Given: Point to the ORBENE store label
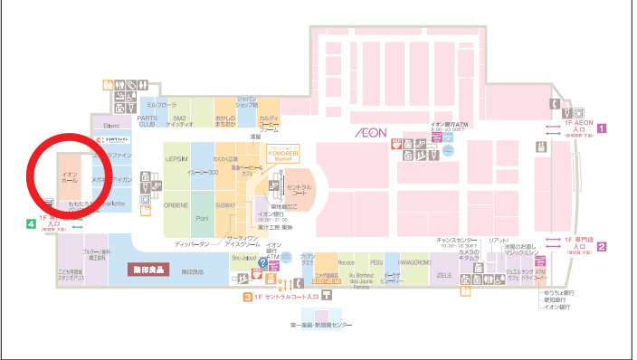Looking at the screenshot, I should coord(175,204).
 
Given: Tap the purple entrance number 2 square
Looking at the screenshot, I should coord(601,246).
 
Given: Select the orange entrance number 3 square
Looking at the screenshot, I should coord(245,297).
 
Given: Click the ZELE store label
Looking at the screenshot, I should coord(444,274).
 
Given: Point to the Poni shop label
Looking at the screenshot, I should coord(203,219).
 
